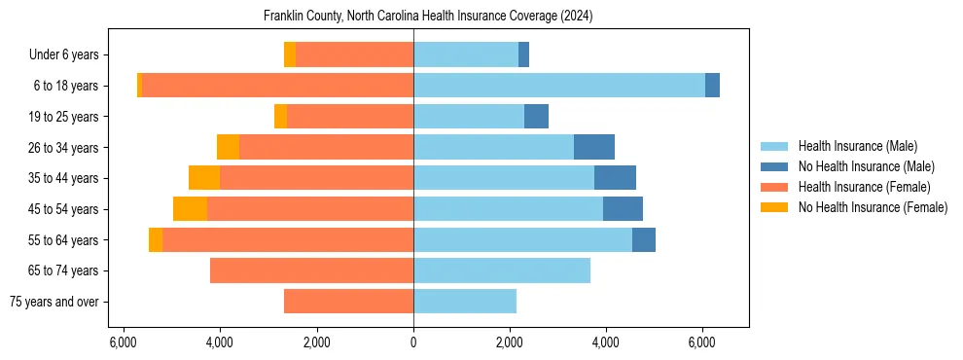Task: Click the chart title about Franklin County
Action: pos(428,17)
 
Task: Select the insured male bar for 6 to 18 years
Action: pos(559,86)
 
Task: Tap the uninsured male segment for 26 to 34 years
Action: pos(594,147)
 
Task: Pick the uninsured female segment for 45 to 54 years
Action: pos(190,209)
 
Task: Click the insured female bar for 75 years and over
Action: pos(348,302)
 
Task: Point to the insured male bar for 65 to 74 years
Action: pos(502,270)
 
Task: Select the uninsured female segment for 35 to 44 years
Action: pos(204,178)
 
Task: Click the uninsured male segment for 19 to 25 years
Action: pos(536,117)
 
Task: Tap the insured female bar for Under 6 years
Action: pos(354,54)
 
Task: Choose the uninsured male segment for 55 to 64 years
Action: pos(644,239)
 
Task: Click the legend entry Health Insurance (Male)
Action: pos(857,146)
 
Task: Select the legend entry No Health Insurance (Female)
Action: pos(873,207)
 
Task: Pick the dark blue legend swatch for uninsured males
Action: pos(776,166)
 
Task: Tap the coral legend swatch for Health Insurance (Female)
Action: pos(776,187)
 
